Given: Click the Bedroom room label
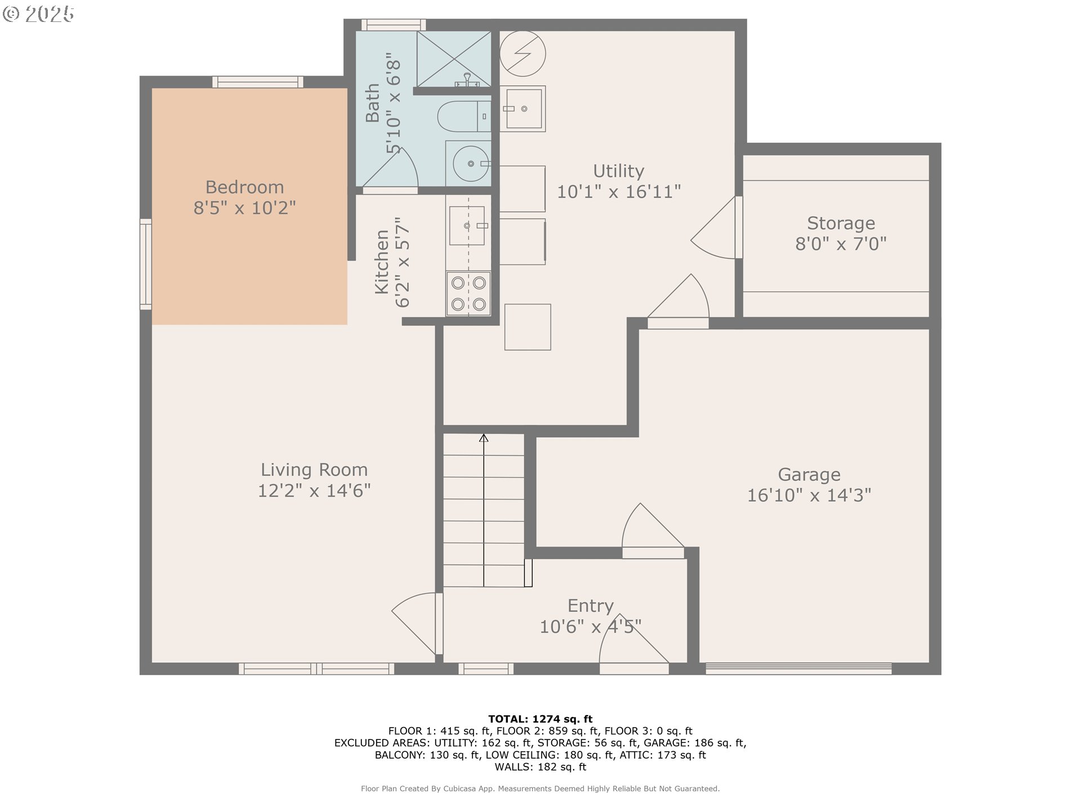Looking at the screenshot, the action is click(x=244, y=187).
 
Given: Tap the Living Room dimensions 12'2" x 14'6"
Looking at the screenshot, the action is click(x=314, y=491).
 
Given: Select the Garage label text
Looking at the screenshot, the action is click(x=809, y=475).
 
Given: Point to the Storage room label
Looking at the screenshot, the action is click(x=841, y=224).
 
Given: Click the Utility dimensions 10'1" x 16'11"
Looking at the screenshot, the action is click(x=619, y=191).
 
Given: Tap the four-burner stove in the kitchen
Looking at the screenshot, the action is click(x=468, y=293).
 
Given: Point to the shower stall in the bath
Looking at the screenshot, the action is click(x=454, y=59).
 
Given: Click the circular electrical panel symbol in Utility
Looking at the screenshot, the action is click(x=523, y=54).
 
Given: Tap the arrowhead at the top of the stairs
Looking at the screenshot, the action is click(x=484, y=438).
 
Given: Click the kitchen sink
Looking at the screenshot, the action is click(x=467, y=225).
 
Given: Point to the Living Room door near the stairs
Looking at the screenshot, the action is click(x=417, y=623).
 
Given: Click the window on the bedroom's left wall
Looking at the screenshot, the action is click(x=146, y=264).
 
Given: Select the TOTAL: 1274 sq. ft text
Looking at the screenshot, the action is click(x=540, y=719).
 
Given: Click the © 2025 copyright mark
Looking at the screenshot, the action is click(x=38, y=14).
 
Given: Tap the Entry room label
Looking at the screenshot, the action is click(x=591, y=606).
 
